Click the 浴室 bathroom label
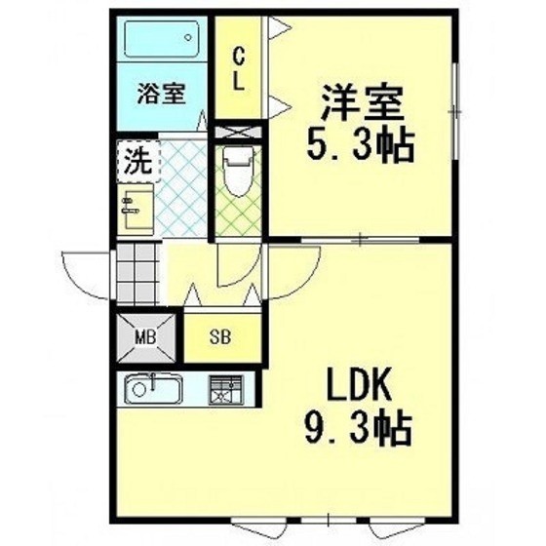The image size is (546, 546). (x=161, y=94)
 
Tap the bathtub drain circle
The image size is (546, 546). (x=188, y=37)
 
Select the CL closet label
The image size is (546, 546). (x=239, y=69)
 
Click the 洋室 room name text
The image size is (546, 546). (x=362, y=102)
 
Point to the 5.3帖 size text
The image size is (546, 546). (x=361, y=145)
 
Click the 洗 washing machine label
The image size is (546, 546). (x=138, y=161)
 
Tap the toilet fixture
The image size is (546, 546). (x=239, y=172)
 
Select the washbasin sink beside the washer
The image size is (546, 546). (x=136, y=210)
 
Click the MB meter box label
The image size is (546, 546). (x=145, y=337)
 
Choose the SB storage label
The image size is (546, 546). (x=220, y=336)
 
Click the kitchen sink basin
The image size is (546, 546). (x=153, y=389)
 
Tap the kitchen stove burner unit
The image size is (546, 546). (x=226, y=390)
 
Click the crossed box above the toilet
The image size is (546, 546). (x=238, y=132)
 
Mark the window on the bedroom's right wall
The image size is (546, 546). (x=455, y=111)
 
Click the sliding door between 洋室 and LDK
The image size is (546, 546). (x=361, y=240)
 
